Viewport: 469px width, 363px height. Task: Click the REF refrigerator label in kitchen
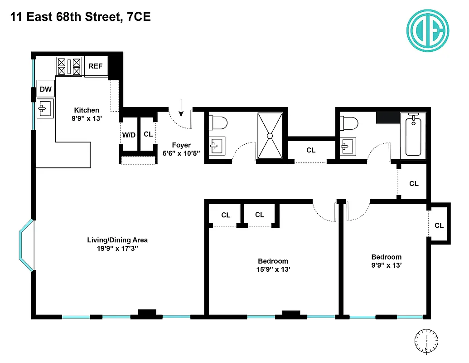95,66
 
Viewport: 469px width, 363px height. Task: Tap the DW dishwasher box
45,89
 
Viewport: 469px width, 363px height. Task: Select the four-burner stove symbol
69,66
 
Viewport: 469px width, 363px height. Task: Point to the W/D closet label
129,135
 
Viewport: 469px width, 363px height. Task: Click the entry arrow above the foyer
181,108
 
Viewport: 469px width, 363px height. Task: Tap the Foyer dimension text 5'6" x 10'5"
181,153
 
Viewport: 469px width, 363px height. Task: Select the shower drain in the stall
270,135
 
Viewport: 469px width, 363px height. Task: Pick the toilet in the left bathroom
218,123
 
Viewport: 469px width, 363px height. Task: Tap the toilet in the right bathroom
350,123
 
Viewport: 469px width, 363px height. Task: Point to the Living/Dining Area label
117,240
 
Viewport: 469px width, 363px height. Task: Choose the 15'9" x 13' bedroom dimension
273,269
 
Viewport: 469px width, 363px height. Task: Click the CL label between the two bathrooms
311,150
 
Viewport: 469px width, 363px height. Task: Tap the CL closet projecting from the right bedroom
439,226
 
